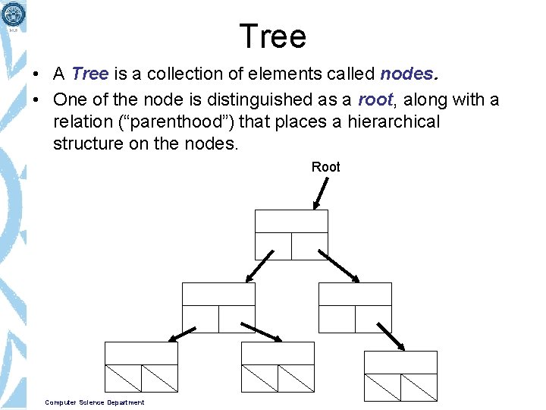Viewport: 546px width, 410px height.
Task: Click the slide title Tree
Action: click(272, 36)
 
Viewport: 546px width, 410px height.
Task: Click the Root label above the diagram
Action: click(325, 167)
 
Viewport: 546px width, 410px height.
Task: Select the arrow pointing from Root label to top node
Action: click(321, 193)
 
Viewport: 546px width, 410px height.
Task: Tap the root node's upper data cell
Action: click(291, 221)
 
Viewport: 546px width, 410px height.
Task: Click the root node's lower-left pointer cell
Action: click(273, 246)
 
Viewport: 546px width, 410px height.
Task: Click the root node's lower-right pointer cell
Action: click(309, 246)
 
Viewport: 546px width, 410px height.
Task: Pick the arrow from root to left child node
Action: click(259, 266)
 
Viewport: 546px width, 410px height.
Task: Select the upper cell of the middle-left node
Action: click(218, 294)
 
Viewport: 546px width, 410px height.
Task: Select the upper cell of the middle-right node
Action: click(355, 294)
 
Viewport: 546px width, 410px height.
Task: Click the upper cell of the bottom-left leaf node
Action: click(140, 353)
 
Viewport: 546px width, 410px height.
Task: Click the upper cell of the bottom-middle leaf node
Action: click(277, 353)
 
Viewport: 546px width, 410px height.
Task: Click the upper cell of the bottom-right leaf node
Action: click(400, 362)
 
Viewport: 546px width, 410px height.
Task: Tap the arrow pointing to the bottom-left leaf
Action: click(182, 334)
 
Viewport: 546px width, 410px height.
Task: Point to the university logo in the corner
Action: click(13, 14)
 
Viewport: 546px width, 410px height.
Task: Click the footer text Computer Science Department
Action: click(94, 402)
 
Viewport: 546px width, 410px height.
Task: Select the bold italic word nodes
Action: click(408, 74)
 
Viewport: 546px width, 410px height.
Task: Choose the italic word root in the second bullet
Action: click(375, 99)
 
